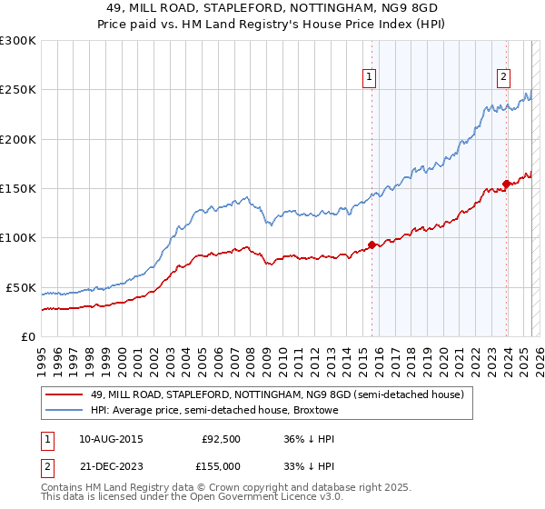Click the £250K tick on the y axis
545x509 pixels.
click(17, 90)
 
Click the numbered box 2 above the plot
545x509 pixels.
click(503, 78)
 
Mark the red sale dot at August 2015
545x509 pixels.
click(372, 245)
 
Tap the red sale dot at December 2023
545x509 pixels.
click(506, 184)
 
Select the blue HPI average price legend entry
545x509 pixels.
click(213, 411)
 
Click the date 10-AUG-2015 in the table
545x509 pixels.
click(111, 438)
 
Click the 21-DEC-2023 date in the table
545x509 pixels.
click(111, 465)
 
